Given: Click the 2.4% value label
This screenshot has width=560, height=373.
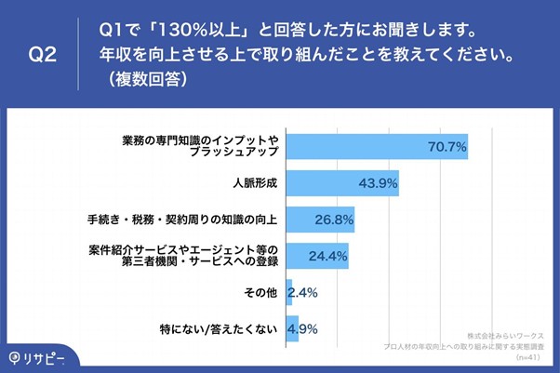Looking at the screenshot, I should point(303,293).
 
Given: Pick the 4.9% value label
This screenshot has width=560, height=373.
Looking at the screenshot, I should point(303,329).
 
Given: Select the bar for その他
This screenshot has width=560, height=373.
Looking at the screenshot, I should point(289,293).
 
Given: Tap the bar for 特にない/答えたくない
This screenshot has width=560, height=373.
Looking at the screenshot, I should point(292,329).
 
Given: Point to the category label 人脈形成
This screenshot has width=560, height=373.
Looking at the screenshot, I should point(256,183).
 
